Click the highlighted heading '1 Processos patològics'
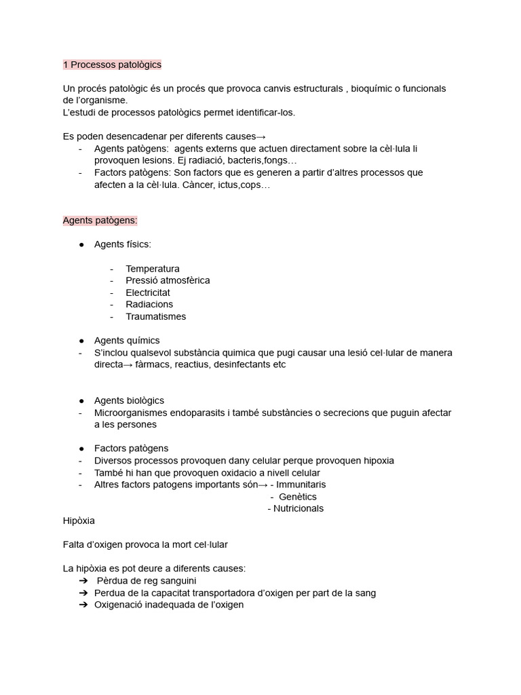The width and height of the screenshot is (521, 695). (112, 64)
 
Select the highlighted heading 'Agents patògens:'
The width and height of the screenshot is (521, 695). (100, 220)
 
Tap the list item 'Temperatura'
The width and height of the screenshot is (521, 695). (153, 268)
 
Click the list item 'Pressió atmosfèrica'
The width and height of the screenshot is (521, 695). (168, 280)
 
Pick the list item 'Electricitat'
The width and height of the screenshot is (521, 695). (148, 293)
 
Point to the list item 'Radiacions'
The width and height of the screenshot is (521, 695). (149, 304)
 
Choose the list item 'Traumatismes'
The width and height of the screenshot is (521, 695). (155, 316)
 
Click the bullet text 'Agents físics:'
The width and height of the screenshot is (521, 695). (122, 244)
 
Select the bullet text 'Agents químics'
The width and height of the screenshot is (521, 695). (127, 340)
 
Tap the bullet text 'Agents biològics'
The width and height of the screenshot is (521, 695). (129, 400)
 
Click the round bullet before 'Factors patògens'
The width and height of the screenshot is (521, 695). (81, 449)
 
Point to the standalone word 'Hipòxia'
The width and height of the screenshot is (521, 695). (79, 521)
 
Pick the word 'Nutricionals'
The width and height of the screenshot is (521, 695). (298, 508)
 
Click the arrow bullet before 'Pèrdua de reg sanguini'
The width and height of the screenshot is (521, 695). (83, 581)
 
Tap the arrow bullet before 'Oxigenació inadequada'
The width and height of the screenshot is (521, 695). (83, 605)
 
